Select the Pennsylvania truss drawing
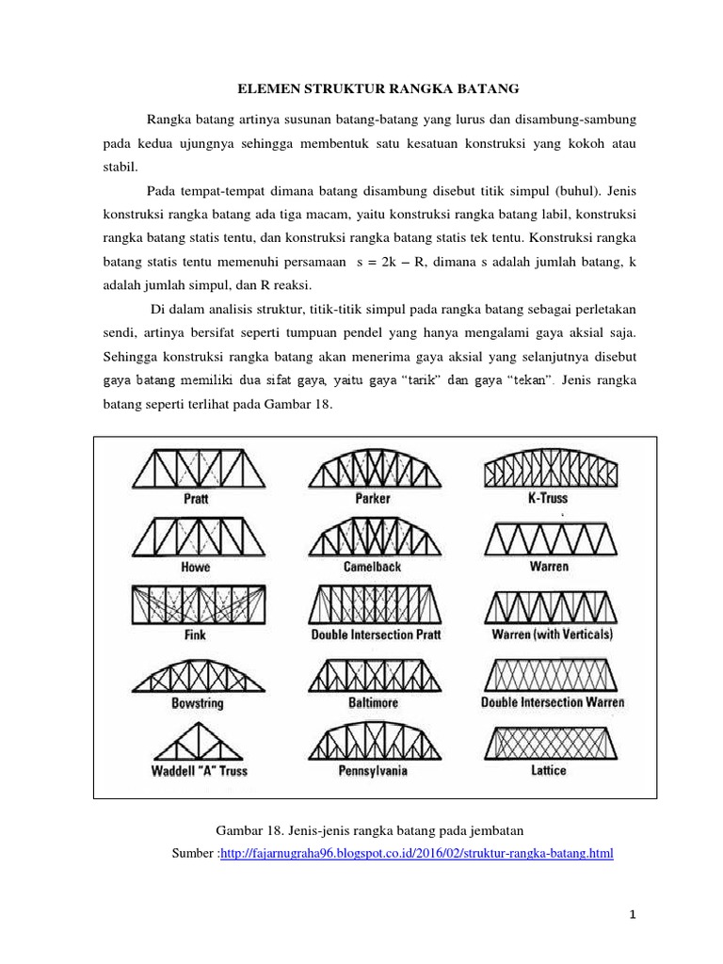[x=373, y=741]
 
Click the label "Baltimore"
[x=373, y=703]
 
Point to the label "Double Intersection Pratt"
[x=376, y=635]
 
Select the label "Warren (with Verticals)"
[x=552, y=635]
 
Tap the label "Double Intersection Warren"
[x=553, y=702]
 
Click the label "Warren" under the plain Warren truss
[x=549, y=568]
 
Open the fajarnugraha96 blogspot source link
[x=416, y=854]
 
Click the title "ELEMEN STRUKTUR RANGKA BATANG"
[x=377, y=89]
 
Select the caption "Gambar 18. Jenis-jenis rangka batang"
[x=368, y=829]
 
